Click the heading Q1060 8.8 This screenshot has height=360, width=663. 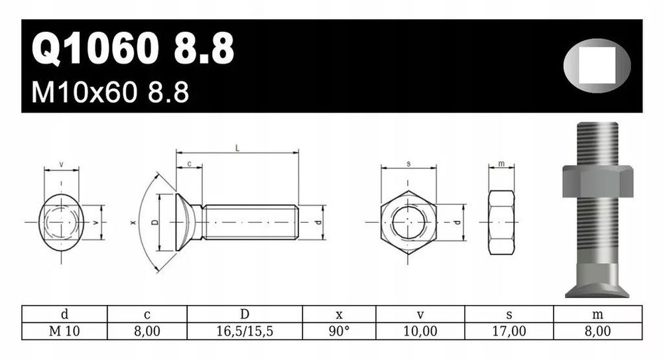tap(133, 48)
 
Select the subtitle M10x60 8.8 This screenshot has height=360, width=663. tap(110, 93)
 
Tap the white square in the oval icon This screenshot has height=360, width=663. tap(597, 65)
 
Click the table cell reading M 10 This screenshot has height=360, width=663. tap(64, 331)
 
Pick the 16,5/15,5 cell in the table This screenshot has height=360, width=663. tap(245, 331)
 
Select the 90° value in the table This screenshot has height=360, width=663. tap(339, 331)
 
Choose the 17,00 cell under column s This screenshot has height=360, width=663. tap(509, 331)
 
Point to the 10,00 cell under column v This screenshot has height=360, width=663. tap(420, 331)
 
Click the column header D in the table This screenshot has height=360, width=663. tap(245, 314)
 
